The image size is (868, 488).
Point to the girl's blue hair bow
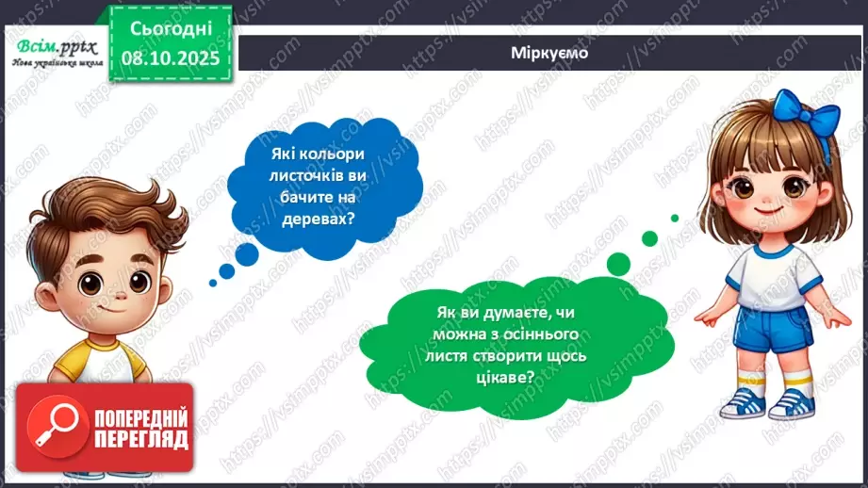click(806, 120)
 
